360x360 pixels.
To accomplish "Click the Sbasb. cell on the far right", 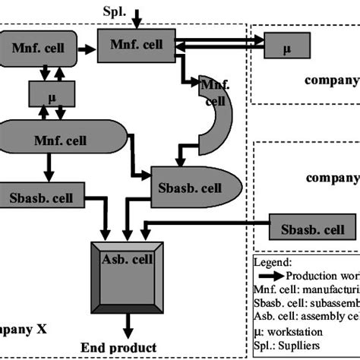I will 312,229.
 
